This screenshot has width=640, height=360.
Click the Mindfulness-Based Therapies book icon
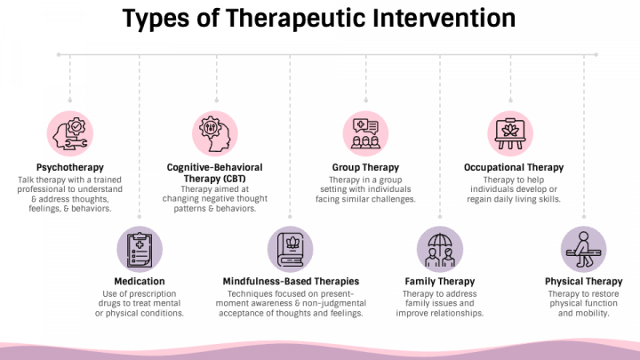291,250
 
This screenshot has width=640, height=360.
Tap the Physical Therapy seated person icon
583,250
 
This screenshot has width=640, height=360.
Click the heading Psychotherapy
70,167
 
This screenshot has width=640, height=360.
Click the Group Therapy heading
365,167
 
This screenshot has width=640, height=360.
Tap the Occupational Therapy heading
514,167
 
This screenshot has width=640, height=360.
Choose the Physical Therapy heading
583,282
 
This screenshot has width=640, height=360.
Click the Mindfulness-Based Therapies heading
291,282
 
